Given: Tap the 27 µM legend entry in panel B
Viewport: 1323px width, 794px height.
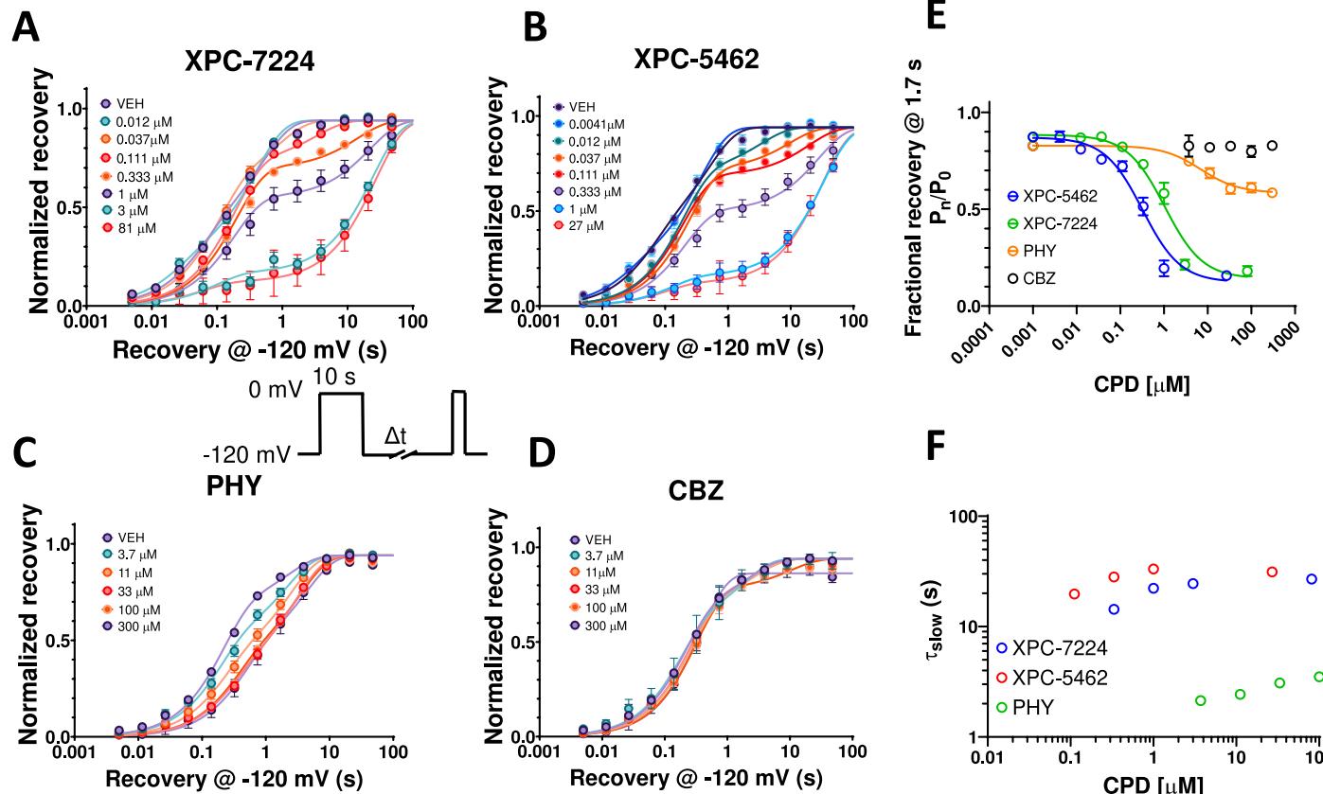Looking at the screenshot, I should click(593, 225).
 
